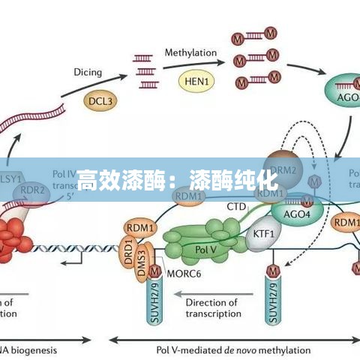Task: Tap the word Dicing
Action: [88, 72]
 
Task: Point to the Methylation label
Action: [190, 53]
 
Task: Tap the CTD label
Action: [236, 205]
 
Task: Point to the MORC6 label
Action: [183, 273]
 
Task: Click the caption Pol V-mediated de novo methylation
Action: [233, 349]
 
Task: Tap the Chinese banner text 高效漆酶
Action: [124, 180]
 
